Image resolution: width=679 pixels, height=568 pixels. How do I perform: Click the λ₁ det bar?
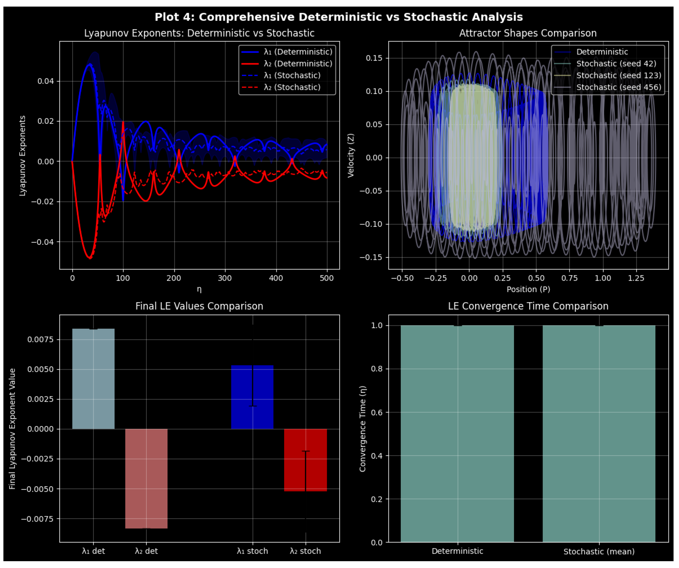tap(93, 379)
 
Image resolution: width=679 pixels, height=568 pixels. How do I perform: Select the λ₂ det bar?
tap(146, 479)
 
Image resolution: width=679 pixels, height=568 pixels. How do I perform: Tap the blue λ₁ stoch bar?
tap(252, 397)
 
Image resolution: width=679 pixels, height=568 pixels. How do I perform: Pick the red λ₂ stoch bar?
tap(305, 460)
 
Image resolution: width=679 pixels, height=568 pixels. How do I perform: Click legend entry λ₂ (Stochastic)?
tap(292, 87)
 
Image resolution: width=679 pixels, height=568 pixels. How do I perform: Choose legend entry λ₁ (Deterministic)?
tap(298, 52)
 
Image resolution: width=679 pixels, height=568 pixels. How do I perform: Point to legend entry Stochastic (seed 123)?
tap(619, 75)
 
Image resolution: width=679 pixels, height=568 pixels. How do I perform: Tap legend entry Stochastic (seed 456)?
tap(619, 87)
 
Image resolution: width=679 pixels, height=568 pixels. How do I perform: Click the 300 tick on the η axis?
tap(225, 278)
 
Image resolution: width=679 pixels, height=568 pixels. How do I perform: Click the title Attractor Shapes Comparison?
tap(528, 33)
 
